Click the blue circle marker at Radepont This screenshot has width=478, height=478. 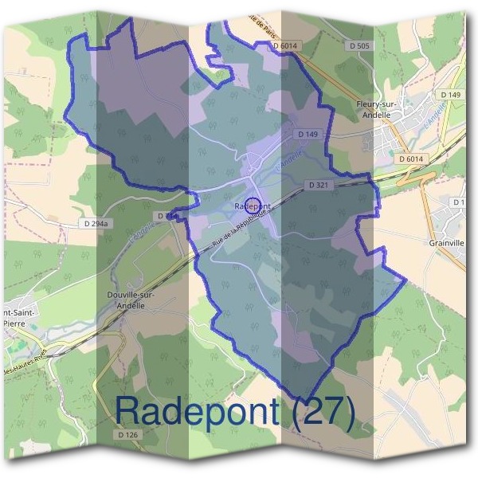tap(252, 206)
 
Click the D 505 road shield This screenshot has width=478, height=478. tap(359, 47)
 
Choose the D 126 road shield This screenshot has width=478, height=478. tap(127, 435)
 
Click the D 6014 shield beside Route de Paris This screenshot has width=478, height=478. tap(284, 47)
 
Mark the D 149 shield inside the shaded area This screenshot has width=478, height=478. tap(307, 134)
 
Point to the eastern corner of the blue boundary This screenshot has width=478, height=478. tap(406, 280)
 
